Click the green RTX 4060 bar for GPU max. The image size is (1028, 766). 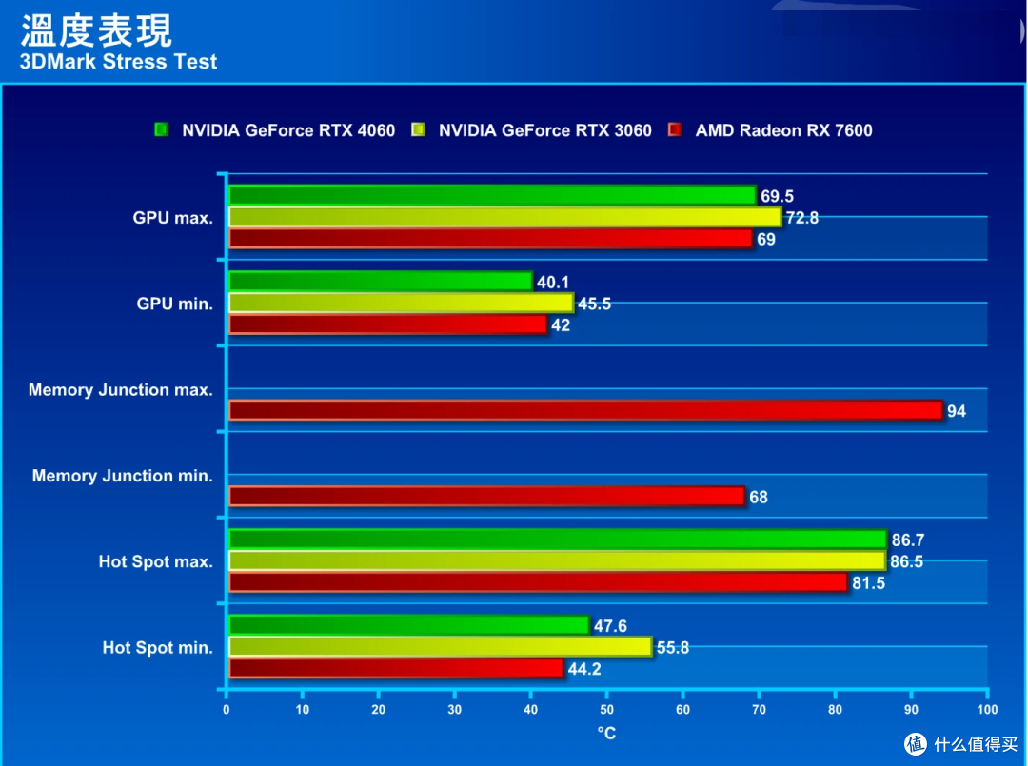click(x=492, y=196)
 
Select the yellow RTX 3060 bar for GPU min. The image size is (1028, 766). click(x=401, y=303)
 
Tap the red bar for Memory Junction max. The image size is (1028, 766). click(x=585, y=410)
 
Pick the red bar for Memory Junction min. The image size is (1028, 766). click(x=486, y=497)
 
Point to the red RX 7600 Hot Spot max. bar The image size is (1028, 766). click(x=538, y=582)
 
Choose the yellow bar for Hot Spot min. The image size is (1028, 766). click(x=440, y=647)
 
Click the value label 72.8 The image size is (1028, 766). click(x=801, y=218)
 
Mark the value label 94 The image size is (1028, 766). click(x=957, y=411)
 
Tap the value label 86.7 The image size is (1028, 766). click(x=907, y=540)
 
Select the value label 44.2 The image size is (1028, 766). click(x=584, y=669)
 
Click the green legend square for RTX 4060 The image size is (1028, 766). click(x=162, y=130)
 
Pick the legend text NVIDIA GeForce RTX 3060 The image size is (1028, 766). click(x=544, y=130)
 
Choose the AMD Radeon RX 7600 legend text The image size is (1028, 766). click(x=783, y=130)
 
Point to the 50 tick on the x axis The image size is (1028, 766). click(x=606, y=710)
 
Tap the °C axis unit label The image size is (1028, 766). click(x=606, y=733)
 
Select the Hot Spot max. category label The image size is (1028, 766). click(x=155, y=561)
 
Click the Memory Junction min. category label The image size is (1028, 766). click(x=122, y=476)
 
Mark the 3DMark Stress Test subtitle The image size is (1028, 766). click(x=118, y=62)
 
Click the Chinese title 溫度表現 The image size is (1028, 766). click(x=95, y=29)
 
